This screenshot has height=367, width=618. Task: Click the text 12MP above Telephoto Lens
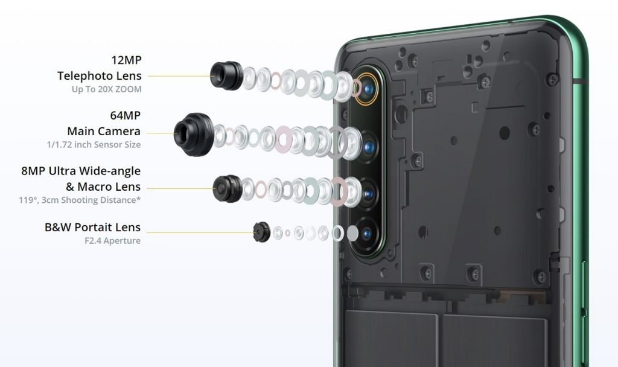[126, 60]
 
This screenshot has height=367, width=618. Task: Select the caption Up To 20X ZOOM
[106, 89]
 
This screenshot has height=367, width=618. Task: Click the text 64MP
[125, 115]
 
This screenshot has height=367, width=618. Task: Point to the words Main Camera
[104, 131]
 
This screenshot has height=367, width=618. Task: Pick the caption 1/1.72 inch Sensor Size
[94, 145]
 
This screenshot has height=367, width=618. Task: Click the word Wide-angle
[110, 171]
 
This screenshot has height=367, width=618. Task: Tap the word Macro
[93, 187]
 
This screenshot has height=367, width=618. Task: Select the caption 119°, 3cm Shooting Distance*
[80, 200]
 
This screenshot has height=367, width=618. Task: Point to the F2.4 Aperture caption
[112, 240]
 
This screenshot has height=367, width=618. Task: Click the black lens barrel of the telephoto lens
[226, 75]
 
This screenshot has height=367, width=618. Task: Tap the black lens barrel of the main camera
[194, 134]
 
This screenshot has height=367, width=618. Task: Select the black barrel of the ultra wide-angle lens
[228, 188]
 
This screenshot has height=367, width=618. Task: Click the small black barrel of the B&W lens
[261, 232]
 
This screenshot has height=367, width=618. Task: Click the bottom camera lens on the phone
[366, 234]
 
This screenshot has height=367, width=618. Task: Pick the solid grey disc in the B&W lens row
[352, 234]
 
